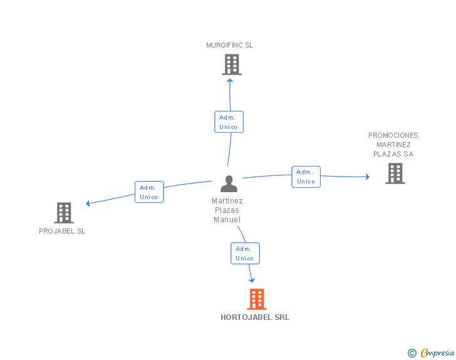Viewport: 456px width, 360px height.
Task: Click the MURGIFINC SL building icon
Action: click(x=232, y=64)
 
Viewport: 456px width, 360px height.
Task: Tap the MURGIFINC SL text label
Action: click(x=230, y=45)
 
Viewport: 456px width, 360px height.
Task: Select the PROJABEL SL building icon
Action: click(x=64, y=213)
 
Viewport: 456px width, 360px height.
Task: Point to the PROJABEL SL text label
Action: click(x=62, y=231)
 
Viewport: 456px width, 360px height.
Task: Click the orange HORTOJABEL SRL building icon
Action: click(x=257, y=299)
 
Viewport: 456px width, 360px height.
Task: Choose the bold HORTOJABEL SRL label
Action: click(x=255, y=317)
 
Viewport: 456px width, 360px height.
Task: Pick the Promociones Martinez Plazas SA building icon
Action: click(x=395, y=173)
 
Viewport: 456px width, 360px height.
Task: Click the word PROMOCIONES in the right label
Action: click(x=393, y=135)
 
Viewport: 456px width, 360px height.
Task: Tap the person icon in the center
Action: click(x=229, y=184)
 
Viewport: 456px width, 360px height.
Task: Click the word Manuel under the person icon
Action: click(x=227, y=220)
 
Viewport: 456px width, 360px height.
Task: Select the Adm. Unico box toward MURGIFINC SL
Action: click(x=229, y=122)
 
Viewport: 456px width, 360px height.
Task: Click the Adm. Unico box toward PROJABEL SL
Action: click(x=149, y=192)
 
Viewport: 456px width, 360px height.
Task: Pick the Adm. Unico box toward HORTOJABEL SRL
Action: click(x=245, y=254)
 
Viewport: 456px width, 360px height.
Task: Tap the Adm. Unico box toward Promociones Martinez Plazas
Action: click(x=306, y=177)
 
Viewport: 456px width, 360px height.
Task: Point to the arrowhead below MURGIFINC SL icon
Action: click(x=230, y=80)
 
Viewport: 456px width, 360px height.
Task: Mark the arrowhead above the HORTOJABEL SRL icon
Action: click(x=252, y=280)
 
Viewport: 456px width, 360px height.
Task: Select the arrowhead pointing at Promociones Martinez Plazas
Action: click(x=367, y=177)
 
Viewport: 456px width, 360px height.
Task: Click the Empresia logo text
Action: click(x=437, y=353)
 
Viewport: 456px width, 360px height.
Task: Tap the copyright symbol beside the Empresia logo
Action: click(x=412, y=354)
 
